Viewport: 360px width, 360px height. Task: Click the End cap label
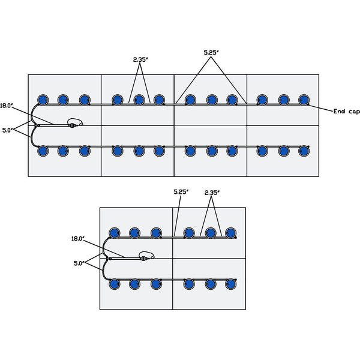[346, 112]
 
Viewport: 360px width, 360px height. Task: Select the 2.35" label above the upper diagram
[141, 59]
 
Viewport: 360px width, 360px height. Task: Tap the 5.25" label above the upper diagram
[211, 53]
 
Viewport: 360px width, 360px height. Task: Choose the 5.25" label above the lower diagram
[181, 192]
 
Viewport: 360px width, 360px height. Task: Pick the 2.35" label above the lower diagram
[212, 192]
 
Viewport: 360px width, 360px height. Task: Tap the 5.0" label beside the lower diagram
[79, 262]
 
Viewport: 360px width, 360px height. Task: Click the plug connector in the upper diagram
[73, 125]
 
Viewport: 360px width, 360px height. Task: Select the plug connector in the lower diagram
[144, 258]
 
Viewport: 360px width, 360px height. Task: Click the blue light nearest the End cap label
[304, 100]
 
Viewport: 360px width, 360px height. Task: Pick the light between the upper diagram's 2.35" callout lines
[140, 100]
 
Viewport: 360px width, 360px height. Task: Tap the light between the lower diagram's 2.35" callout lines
[211, 232]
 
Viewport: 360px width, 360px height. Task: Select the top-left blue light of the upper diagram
[43, 100]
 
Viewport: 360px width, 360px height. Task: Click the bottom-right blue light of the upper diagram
[304, 151]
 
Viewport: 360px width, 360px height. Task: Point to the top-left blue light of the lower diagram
[114, 232]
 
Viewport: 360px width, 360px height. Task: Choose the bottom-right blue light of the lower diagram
[230, 284]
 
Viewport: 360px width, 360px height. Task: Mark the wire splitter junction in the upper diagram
[37, 125]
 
